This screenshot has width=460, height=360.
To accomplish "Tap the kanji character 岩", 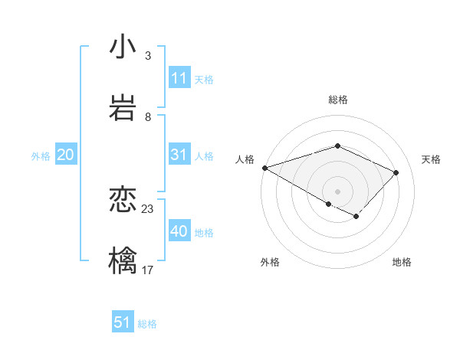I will [123, 107].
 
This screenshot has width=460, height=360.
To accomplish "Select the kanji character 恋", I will [123, 200].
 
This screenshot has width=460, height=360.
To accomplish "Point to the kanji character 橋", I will [123, 260].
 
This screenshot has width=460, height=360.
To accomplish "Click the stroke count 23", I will [148, 208].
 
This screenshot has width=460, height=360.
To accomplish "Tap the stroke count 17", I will [148, 270].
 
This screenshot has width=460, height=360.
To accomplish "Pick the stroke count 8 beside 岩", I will [148, 116].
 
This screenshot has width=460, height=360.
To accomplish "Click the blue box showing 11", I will [179, 78].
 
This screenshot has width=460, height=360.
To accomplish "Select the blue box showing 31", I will [179, 155].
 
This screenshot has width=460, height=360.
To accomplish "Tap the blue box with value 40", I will [179, 231].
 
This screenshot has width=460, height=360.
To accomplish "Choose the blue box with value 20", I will [65, 155].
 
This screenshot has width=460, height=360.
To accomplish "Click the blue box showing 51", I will [123, 322].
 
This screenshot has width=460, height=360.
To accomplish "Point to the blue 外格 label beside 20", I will [41, 156].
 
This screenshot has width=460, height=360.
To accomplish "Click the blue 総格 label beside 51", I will [147, 324].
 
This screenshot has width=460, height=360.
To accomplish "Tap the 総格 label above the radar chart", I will [338, 100].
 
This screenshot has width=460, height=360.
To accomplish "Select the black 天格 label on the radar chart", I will [432, 159].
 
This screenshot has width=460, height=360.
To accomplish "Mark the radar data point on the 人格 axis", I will [264, 167].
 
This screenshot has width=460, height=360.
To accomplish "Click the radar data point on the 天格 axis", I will [396, 172].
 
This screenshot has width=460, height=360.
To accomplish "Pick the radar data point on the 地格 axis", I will [356, 217].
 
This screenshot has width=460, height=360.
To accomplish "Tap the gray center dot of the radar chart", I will [338, 191].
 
